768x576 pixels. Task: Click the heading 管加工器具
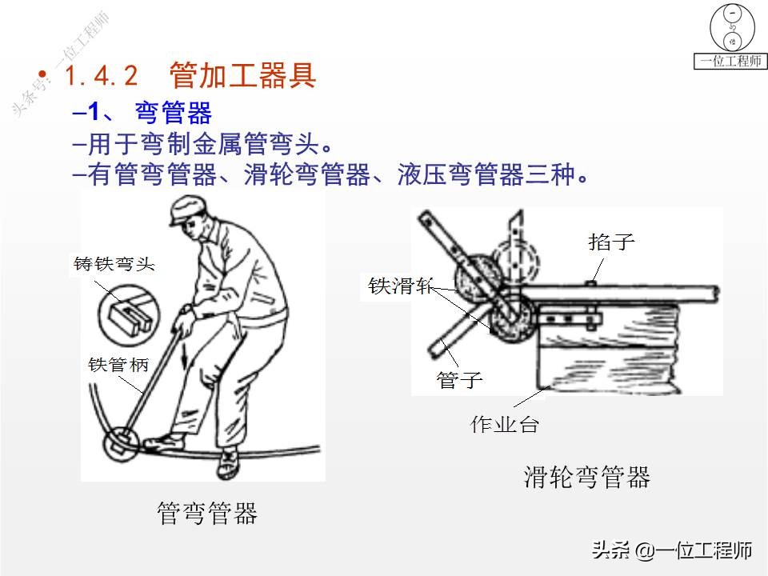(243, 75)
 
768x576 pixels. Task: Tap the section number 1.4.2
(102, 76)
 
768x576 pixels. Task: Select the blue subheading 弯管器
(174, 113)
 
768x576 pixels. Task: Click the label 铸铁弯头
(114, 264)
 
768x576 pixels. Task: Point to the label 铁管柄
(118, 365)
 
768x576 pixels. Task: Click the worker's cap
(187, 209)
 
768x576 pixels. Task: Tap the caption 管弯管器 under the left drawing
(207, 514)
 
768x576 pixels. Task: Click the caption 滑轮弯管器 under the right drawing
(586, 477)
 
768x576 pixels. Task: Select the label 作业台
(505, 424)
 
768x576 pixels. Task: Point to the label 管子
(459, 379)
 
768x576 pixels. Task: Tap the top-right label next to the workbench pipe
(611, 242)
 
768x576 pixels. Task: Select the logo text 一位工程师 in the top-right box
(730, 61)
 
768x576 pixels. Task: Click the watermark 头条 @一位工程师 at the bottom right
(671, 550)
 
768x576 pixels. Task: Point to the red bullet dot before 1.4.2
(42, 74)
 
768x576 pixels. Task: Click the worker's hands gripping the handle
(186, 319)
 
